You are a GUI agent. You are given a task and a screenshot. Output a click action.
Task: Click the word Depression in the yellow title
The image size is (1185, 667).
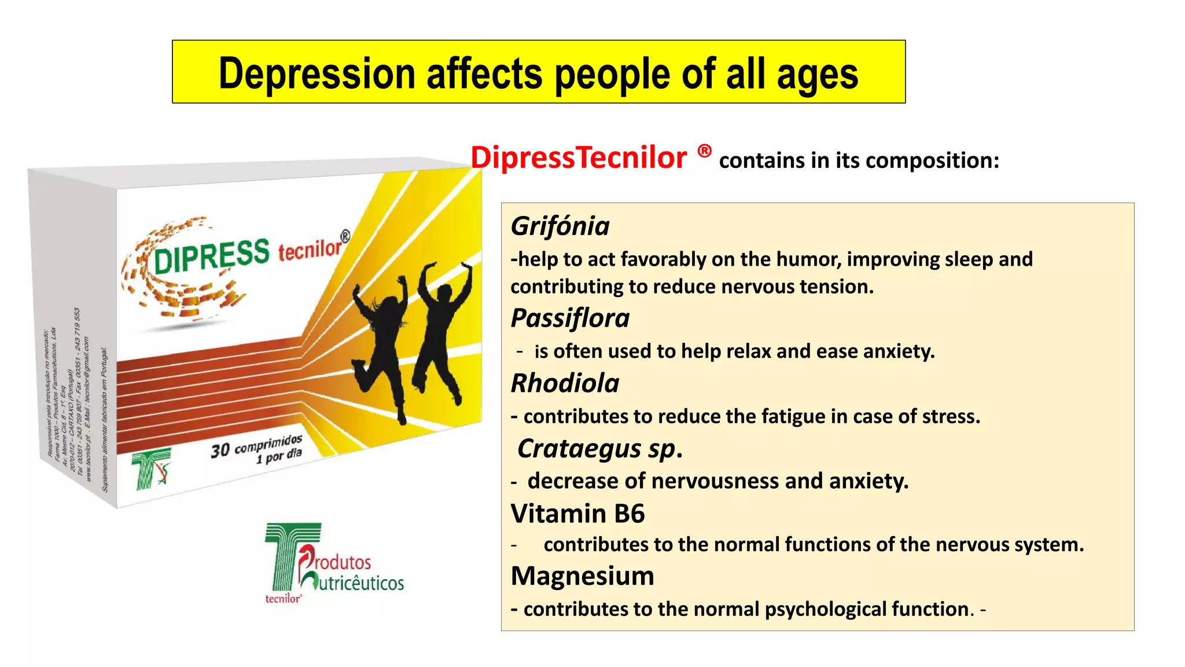pyautogui.click(x=317, y=74)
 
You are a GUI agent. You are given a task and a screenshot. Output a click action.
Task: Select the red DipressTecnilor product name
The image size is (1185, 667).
pyautogui.click(x=579, y=158)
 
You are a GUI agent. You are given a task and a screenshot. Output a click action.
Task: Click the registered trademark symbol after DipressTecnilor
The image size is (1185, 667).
pyautogui.click(x=704, y=152)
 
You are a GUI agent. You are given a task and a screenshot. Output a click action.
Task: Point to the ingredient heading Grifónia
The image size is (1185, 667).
pyautogui.click(x=560, y=226)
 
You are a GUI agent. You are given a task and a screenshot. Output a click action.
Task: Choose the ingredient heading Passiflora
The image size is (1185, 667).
pyautogui.click(x=570, y=318)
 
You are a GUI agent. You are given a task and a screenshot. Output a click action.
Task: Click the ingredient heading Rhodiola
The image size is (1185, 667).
pyautogui.click(x=565, y=384)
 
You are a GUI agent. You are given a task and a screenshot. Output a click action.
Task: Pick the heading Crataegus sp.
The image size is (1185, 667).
pyautogui.click(x=599, y=449)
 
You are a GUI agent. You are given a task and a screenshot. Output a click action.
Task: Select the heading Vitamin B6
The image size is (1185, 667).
pyautogui.click(x=577, y=514)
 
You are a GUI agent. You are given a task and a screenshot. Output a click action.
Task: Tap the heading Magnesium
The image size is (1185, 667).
pyautogui.click(x=582, y=576)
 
